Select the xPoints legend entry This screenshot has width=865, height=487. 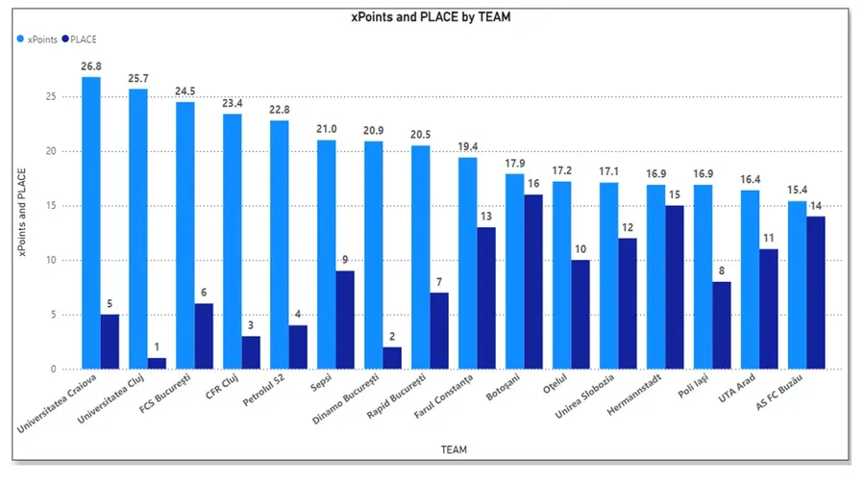37,39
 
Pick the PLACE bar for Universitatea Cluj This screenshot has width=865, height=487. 157,363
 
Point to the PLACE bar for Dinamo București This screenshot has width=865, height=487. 392,358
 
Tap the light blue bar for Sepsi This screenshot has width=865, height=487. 327,254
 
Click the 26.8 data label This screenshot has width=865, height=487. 91,67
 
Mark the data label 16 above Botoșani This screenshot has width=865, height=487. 532,184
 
